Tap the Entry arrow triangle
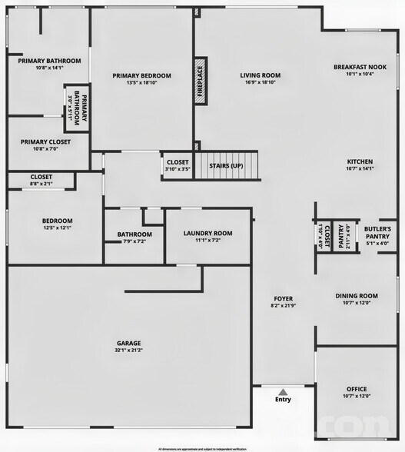click(x=283, y=391)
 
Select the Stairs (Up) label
click(x=227, y=165)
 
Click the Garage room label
click(x=128, y=343)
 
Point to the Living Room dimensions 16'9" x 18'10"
click(x=261, y=82)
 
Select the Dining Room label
click(x=357, y=295)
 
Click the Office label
click(x=357, y=389)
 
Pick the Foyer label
click(x=284, y=298)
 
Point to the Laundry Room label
click(x=207, y=233)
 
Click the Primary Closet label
click(x=45, y=141)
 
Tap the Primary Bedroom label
click(x=141, y=75)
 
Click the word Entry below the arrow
click(x=283, y=400)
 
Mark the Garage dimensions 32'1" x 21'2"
click(x=128, y=351)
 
